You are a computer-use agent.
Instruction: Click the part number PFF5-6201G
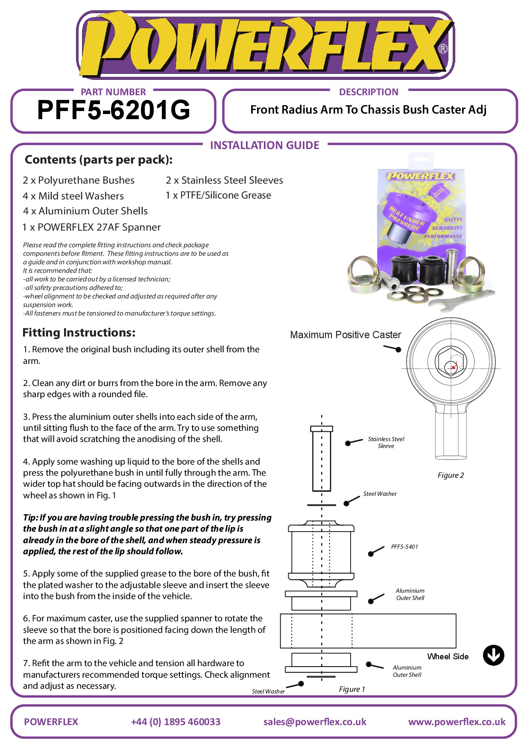pos(114,110)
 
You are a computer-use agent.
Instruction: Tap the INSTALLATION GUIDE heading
pos(264,146)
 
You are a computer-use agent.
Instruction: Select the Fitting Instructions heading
pos(79,333)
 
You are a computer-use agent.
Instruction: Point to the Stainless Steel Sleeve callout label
pos(386,442)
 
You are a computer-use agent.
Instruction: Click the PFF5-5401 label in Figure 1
pos(404,547)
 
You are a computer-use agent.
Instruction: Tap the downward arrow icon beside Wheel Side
pos(493,655)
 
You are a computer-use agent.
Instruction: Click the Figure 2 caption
pos(451,475)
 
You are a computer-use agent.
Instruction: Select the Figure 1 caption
pos(352,689)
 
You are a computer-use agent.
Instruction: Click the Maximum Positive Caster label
pos(346,335)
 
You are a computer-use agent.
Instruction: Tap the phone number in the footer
pos(176,722)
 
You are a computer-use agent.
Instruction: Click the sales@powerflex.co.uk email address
pos(315,722)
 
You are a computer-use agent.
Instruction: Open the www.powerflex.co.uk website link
pos(457,722)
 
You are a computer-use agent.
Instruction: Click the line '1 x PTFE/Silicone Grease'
pos(218,195)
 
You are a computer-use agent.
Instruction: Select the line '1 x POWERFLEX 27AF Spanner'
pos(91,227)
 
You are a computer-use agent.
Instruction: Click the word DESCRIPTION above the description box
pos(369,92)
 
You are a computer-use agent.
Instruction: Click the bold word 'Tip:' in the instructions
pos(31,518)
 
